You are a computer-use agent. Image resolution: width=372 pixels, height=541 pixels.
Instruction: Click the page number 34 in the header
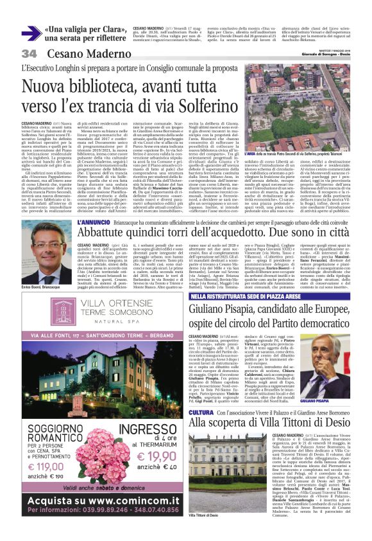coord(29,53)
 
